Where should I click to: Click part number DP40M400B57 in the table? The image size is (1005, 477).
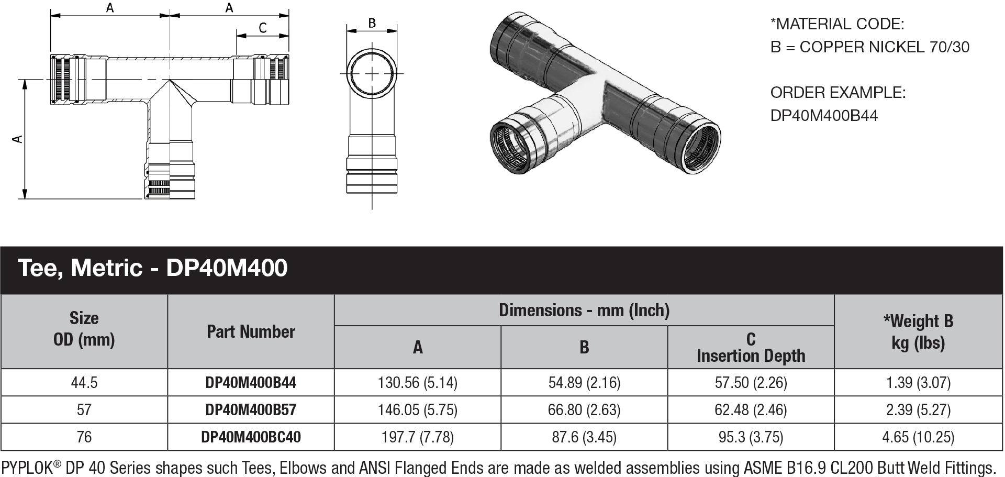(x=251, y=409)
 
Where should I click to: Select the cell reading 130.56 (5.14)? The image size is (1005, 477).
(x=417, y=383)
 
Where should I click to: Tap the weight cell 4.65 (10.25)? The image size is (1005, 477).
(x=918, y=437)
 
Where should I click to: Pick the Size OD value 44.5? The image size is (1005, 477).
(x=84, y=383)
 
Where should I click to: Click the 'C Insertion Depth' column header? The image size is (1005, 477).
(x=751, y=347)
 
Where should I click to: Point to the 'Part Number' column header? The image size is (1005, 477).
(x=251, y=331)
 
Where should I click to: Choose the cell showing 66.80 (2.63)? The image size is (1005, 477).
(x=584, y=409)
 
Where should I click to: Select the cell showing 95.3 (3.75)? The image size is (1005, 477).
(x=751, y=437)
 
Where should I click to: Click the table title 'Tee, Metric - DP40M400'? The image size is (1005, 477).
(x=153, y=268)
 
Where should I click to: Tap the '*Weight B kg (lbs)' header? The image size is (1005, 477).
(x=918, y=331)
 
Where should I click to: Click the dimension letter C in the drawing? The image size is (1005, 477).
(x=263, y=28)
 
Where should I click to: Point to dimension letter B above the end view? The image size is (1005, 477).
(x=372, y=23)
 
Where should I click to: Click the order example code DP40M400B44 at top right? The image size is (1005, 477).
(x=824, y=115)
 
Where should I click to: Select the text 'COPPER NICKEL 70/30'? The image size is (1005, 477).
(x=884, y=47)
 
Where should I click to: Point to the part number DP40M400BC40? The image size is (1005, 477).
(x=251, y=437)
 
